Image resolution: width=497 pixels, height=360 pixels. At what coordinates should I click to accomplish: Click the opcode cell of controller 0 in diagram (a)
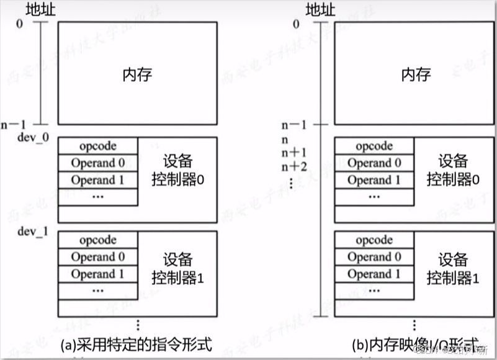[97, 146]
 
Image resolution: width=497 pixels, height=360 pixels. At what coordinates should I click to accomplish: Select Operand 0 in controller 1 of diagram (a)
[97, 256]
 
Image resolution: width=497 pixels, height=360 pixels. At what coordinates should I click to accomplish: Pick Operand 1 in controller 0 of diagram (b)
[374, 180]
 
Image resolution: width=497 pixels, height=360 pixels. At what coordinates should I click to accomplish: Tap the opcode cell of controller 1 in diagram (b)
[374, 240]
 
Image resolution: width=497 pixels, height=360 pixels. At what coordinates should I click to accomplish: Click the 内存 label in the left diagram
[137, 74]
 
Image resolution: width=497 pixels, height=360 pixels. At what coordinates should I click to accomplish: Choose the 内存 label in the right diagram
[414, 74]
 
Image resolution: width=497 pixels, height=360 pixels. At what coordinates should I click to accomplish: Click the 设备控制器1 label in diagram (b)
[453, 268]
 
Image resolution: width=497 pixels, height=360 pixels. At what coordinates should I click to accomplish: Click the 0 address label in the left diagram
[22, 24]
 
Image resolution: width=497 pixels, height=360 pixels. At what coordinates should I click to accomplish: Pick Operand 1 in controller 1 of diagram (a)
[97, 273]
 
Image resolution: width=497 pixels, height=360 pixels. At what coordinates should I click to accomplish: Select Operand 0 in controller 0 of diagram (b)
[374, 163]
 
